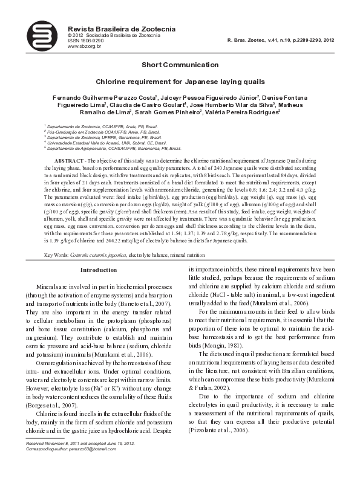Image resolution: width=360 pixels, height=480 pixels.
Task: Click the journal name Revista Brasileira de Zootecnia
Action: coord(113,29)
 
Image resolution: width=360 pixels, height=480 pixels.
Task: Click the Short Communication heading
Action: coord(180,65)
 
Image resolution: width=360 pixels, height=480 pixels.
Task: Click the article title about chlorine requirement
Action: coord(180,80)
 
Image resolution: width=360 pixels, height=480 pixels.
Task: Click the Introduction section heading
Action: coord(98,270)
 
